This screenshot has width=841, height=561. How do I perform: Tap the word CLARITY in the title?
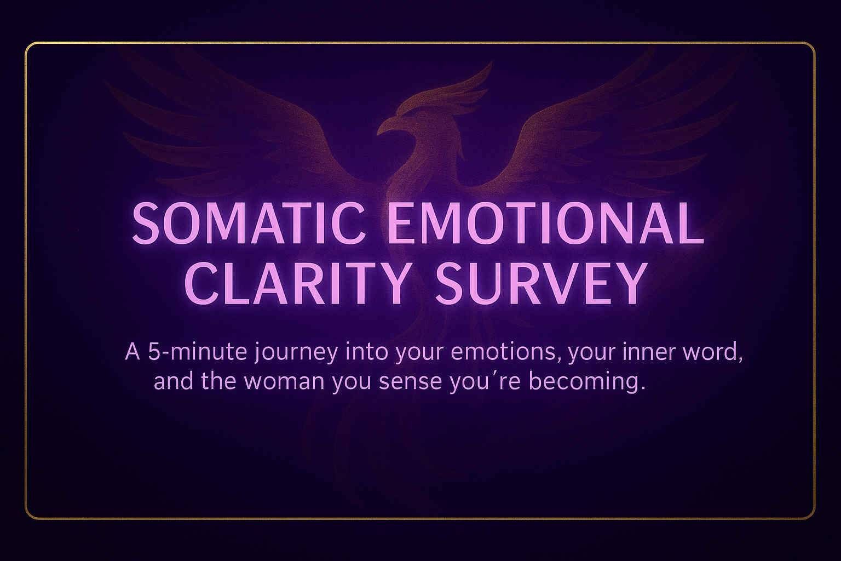(x=297, y=283)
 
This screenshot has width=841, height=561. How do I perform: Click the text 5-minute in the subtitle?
(x=198, y=352)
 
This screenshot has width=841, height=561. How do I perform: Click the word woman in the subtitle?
(x=284, y=381)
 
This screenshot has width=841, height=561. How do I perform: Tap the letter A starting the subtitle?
(x=133, y=352)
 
